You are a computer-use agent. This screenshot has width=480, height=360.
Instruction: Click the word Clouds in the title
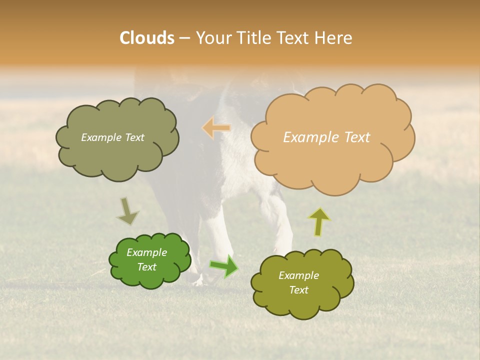coord(146,38)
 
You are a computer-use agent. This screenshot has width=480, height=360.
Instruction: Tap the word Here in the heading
coord(333,38)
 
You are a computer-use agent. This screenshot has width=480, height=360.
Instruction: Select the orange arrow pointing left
coord(216,128)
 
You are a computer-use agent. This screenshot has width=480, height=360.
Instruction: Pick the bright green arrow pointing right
coord(223,266)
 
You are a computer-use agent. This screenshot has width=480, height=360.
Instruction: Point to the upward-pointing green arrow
coord(319,221)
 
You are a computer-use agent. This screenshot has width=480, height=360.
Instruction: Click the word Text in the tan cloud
coord(357,137)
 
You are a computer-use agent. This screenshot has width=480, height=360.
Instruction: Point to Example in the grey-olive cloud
coord(101,137)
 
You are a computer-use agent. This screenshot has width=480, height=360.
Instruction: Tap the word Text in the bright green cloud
coord(147,267)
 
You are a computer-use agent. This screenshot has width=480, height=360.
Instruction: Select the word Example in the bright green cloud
coord(147,252)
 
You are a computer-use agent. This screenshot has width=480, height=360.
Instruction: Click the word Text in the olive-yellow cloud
coord(299,290)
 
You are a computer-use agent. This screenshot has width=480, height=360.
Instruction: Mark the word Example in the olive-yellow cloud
coord(299,275)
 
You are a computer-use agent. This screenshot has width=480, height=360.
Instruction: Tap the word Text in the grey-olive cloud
coord(134,137)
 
